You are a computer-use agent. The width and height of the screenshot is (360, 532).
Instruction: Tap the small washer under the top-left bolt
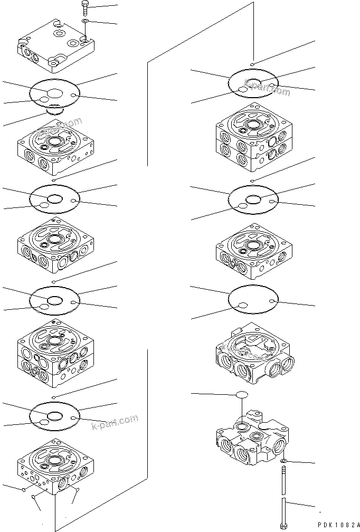[x=85, y=22]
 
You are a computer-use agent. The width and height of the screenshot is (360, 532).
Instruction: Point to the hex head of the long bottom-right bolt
[x=284, y=526]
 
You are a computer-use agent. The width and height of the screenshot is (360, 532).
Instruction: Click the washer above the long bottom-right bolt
[x=283, y=461]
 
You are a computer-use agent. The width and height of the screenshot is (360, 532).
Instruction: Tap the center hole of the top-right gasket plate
[x=253, y=81]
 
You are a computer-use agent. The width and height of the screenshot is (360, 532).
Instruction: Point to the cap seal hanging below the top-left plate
[x=53, y=110]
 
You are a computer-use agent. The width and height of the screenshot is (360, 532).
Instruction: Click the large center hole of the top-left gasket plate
[x=54, y=93]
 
